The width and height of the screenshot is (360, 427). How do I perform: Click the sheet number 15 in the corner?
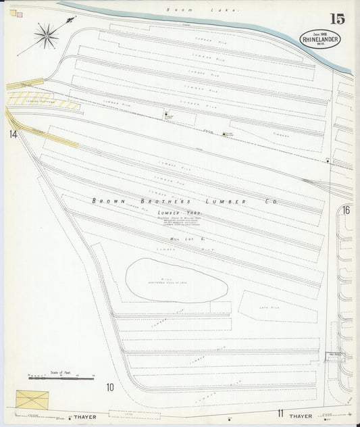coord(338,19)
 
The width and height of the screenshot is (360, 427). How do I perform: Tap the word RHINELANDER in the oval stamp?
coord(321,39)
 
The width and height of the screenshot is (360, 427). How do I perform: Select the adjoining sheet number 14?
coord(13,134)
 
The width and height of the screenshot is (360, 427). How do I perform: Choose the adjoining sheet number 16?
coord(346,210)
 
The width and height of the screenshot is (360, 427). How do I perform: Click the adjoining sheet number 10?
coord(109,387)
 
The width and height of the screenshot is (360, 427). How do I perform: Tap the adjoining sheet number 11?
coord(279,412)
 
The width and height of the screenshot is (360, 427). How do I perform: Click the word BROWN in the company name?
coord(106,201)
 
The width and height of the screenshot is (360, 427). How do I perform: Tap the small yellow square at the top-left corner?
coord(13,11)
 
